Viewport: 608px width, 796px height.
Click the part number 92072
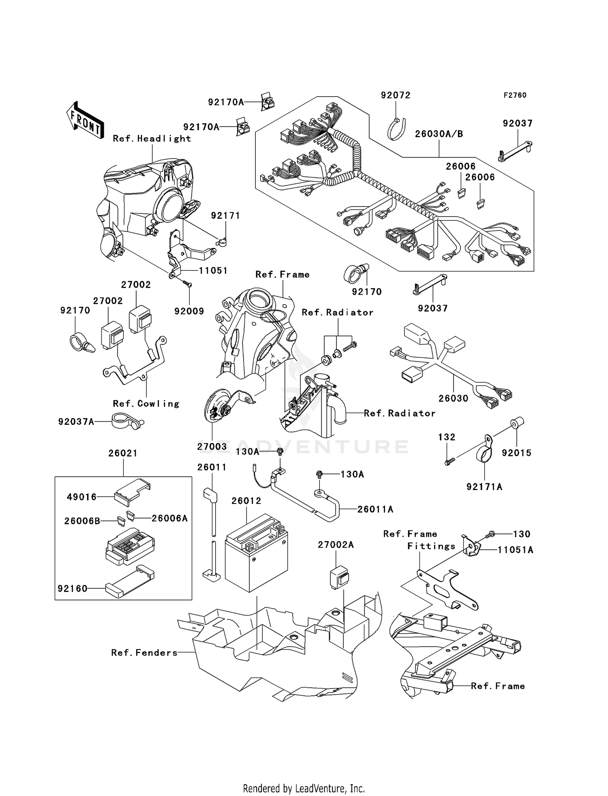[x=396, y=95]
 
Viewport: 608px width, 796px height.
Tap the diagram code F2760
[x=515, y=95]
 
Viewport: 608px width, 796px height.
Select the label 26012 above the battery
[x=246, y=501]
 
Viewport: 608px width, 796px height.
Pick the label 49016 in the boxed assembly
[x=82, y=497]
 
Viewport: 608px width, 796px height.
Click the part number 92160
[x=73, y=588]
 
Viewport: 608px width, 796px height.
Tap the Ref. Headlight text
[x=152, y=139]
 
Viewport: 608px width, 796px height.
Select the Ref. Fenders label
[x=144, y=653]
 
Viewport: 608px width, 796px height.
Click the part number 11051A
[x=515, y=550]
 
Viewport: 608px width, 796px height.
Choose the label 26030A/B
[x=439, y=134]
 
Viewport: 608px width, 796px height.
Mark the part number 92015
[x=516, y=453]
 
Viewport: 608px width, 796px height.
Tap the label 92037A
[x=76, y=422]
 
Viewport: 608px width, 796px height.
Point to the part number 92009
[x=189, y=311]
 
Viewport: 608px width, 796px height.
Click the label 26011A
[x=375, y=509]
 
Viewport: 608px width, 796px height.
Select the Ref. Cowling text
[x=146, y=404]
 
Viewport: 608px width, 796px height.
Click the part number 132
[x=447, y=437]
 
